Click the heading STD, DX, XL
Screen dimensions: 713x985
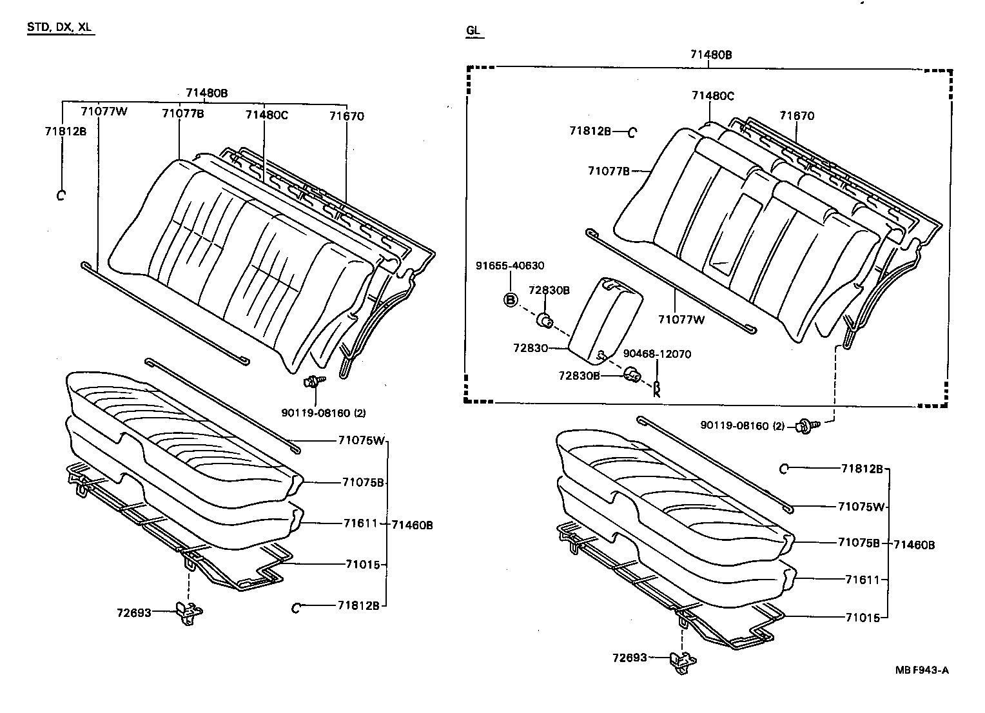click(x=61, y=28)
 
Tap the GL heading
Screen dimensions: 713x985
click(x=474, y=30)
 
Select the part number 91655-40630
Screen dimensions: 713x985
click(x=510, y=266)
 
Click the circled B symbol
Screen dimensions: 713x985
click(x=511, y=300)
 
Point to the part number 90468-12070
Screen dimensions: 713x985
click(x=657, y=354)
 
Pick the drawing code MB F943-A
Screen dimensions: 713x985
click(x=922, y=669)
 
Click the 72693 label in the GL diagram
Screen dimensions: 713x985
click(x=630, y=658)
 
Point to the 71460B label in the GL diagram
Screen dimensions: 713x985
click(x=914, y=545)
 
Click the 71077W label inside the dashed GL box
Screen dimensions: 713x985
click(x=681, y=318)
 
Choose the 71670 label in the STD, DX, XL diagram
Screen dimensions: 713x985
click(x=347, y=117)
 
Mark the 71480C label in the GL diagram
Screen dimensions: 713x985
click(x=713, y=96)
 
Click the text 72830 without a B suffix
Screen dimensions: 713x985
click(x=530, y=348)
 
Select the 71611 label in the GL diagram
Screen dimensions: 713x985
click(x=862, y=580)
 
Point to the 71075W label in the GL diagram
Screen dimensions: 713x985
click(x=861, y=507)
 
